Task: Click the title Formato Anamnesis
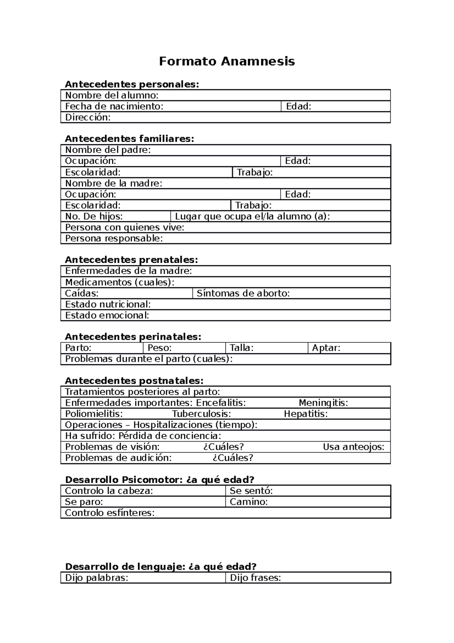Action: click(x=227, y=61)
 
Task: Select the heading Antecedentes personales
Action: click(x=132, y=84)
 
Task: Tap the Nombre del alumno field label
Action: click(x=112, y=95)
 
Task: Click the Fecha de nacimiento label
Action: click(x=114, y=106)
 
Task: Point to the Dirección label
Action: click(x=88, y=117)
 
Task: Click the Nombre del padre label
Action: click(x=108, y=150)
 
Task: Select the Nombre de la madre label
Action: click(x=113, y=184)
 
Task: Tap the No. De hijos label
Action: click(x=94, y=217)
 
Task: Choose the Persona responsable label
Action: click(x=114, y=239)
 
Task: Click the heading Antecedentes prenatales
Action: click(x=131, y=260)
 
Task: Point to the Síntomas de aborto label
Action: click(x=243, y=293)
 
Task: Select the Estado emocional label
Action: click(x=107, y=315)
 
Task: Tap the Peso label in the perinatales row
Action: click(x=160, y=348)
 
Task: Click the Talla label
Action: click(x=242, y=348)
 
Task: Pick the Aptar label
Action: click(x=326, y=348)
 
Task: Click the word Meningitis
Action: click(x=323, y=403)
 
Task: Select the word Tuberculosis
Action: click(x=201, y=414)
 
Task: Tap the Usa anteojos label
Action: click(x=353, y=447)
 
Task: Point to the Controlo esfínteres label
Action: click(x=110, y=513)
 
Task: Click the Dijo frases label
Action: click(x=255, y=578)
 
